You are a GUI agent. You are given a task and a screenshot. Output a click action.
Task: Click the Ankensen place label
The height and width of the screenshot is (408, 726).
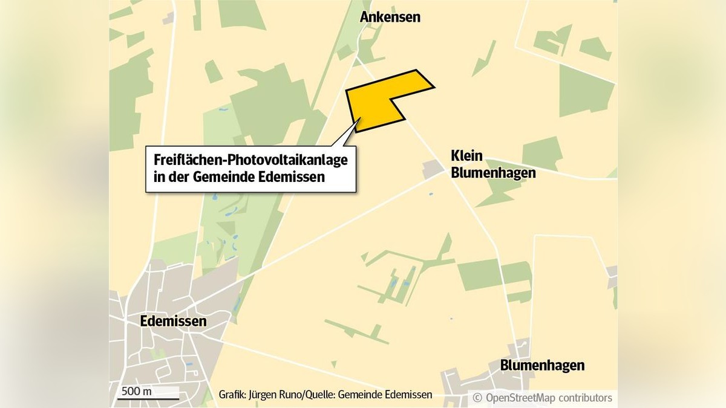pos(390,17)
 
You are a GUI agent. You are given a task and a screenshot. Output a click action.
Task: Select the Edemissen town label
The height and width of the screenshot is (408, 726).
pos(173,321)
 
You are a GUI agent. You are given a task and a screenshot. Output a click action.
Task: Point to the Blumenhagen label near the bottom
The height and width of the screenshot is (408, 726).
pos(542,365)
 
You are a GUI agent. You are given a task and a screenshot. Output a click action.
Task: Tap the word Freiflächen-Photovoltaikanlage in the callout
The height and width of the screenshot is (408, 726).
pos(251,161)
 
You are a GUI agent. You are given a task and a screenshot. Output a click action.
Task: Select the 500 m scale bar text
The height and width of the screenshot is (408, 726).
pos(137,390)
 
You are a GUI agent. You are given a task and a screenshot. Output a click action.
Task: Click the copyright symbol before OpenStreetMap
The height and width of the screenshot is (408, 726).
pos(477,398)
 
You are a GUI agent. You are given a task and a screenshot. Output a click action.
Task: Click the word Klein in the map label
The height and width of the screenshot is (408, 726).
pos(466,156)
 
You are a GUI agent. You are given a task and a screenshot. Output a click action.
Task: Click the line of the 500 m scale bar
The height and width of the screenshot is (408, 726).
pos(149,399)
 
